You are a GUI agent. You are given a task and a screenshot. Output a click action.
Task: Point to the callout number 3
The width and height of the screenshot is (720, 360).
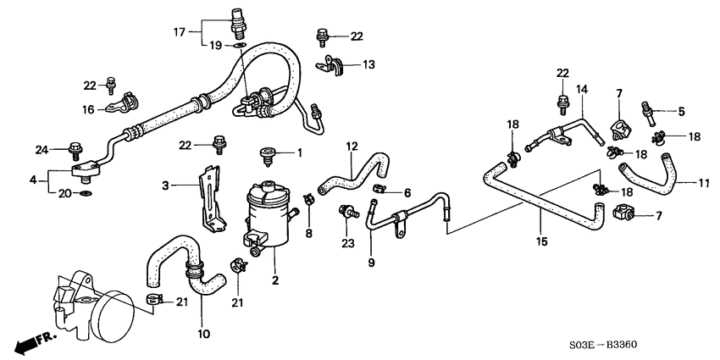click(x=167, y=183)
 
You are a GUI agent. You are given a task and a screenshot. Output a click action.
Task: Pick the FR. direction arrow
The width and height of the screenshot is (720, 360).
click(x=34, y=342)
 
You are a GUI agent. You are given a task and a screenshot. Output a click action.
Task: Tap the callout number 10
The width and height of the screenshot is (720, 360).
click(x=202, y=333)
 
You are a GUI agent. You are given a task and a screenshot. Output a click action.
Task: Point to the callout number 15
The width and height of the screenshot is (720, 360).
click(x=541, y=241)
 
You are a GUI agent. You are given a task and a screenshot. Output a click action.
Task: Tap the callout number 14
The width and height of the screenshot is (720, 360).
click(x=581, y=89)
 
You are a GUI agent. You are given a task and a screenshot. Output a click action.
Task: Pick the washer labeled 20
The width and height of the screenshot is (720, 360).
click(x=86, y=194)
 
